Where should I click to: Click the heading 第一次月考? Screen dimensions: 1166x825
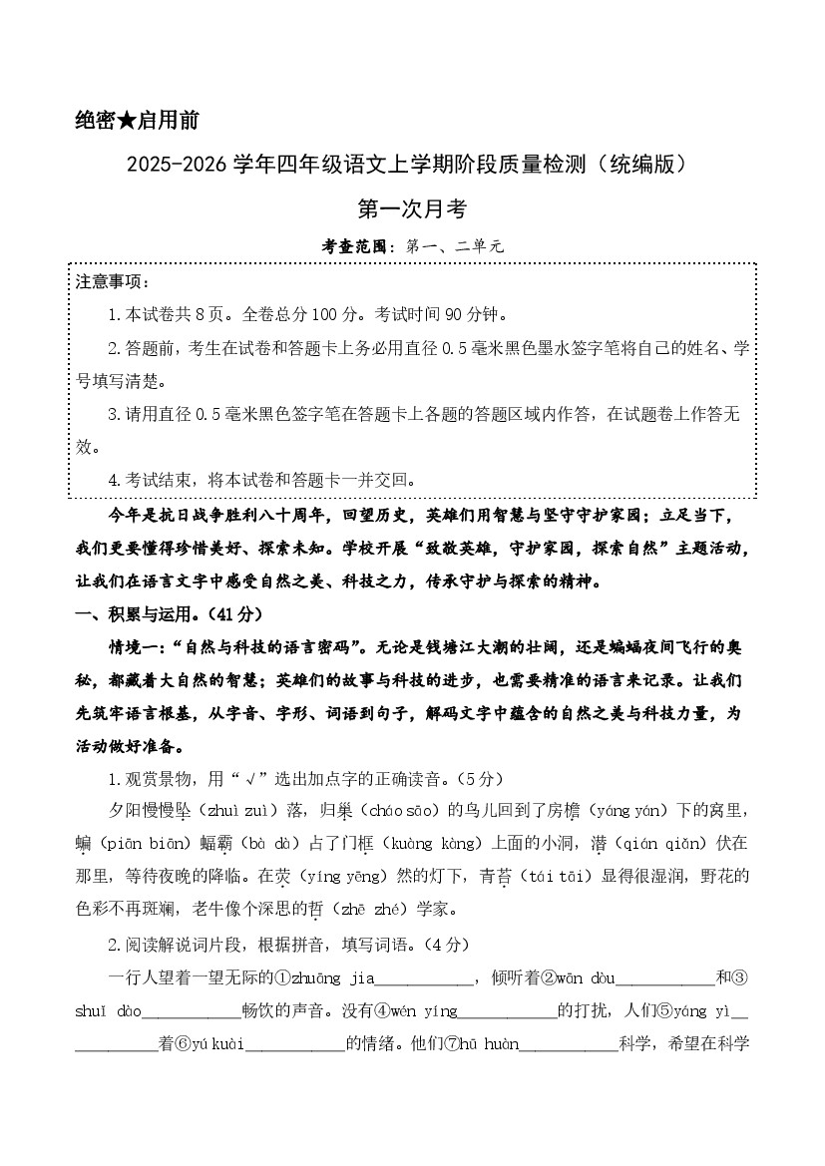pos(412,208)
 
